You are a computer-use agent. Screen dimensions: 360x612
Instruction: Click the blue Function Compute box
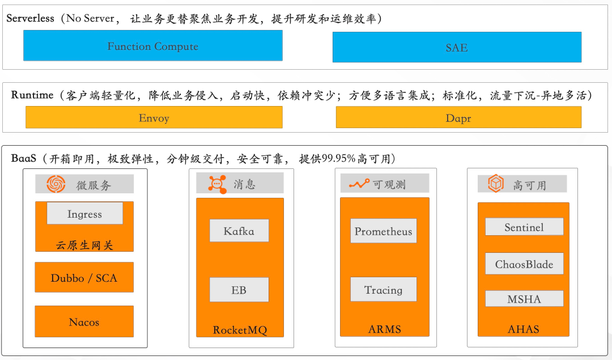(x=152, y=46)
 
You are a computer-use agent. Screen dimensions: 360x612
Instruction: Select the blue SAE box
(x=457, y=48)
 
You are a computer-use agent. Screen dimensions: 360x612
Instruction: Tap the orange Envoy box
(x=154, y=118)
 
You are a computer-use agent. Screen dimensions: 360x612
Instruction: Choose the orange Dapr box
(x=458, y=118)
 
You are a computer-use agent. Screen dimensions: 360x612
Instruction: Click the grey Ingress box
(x=84, y=214)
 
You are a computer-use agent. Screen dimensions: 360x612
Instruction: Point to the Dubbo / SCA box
(x=84, y=278)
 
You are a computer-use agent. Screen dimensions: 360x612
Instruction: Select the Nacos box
(x=84, y=322)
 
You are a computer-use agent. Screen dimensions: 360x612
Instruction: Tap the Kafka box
(x=239, y=231)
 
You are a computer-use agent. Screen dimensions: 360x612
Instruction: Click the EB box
(x=239, y=290)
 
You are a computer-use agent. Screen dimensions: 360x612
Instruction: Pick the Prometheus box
(x=383, y=231)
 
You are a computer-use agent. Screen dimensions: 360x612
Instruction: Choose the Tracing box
(x=383, y=290)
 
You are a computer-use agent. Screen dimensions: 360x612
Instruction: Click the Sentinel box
(x=524, y=227)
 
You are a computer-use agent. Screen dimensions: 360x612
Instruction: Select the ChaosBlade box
(x=524, y=264)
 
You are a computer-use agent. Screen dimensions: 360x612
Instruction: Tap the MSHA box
(x=524, y=299)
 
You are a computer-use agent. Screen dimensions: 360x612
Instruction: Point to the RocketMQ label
(x=239, y=330)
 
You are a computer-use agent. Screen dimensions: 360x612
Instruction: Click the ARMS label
(x=384, y=329)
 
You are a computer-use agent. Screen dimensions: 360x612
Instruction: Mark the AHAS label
(x=524, y=329)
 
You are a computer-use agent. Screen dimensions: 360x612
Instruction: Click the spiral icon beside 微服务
(x=56, y=184)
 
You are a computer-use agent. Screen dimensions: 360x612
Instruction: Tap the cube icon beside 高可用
(x=496, y=183)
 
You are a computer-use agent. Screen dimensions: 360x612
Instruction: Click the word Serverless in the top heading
(x=30, y=18)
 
